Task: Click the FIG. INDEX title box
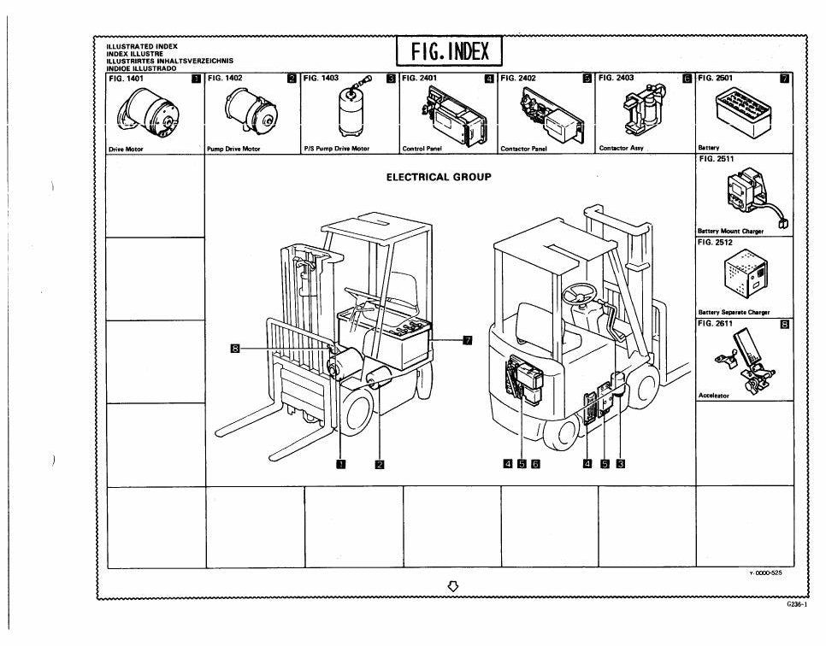tap(450, 51)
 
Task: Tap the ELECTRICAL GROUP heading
tap(439, 177)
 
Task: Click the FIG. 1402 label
tap(225, 78)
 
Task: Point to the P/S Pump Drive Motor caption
tap(337, 149)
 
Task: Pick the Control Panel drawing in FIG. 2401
tap(453, 115)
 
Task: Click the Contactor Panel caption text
tap(523, 149)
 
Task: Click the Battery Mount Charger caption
tap(730, 231)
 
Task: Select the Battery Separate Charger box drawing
tap(746, 277)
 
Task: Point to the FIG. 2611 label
tap(715, 323)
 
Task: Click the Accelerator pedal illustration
tap(745, 361)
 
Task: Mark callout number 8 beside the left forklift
tap(235, 348)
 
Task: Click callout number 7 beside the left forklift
tap(467, 340)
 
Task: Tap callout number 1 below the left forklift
tap(341, 464)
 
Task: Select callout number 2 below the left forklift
tap(380, 464)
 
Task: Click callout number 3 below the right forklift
tap(621, 464)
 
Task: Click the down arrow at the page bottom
tap(452, 586)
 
